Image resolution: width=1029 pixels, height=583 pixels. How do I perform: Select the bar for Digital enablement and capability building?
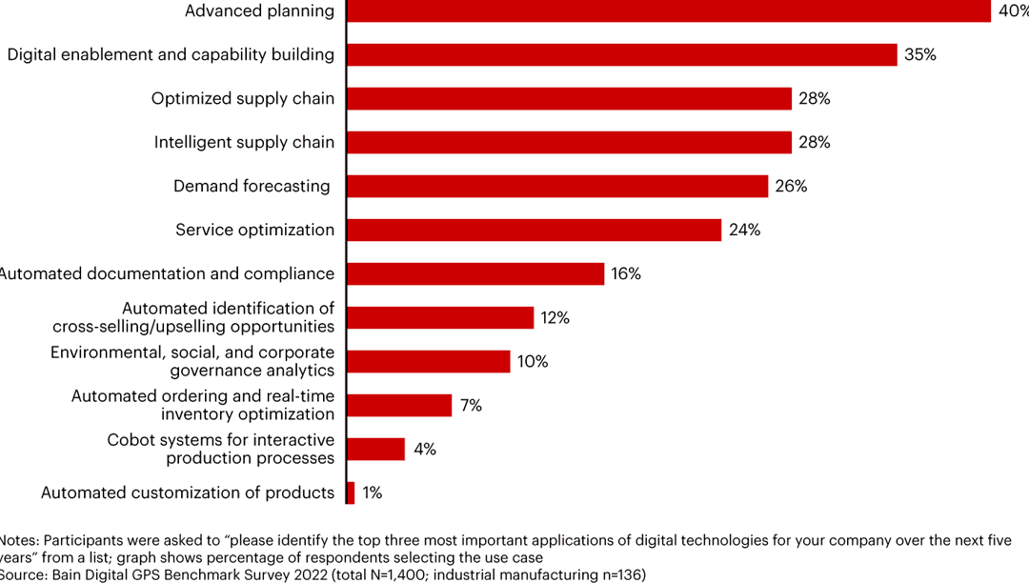622,54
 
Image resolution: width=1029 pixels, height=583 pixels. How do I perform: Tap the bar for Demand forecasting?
557,186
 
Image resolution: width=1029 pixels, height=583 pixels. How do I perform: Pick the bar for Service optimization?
534,230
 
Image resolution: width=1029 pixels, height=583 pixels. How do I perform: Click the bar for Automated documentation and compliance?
475,273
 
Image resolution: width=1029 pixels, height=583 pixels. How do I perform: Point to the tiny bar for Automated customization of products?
351,493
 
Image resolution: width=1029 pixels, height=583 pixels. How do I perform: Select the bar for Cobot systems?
376,449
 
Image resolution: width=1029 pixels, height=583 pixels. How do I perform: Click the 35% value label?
919,54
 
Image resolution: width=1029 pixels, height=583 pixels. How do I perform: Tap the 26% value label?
791,186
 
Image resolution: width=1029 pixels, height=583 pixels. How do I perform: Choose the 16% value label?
625,273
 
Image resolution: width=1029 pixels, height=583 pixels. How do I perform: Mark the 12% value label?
555,317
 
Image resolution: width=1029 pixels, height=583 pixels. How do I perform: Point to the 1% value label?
372,493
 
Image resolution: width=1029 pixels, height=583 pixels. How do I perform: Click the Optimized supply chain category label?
243,98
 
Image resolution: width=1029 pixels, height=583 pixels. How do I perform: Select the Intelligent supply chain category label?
244,142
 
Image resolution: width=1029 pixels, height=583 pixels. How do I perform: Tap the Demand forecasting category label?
252,186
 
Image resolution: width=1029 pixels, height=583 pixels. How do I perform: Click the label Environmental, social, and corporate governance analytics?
192,361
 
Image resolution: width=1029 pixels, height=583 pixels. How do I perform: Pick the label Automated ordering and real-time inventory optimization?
203,405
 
